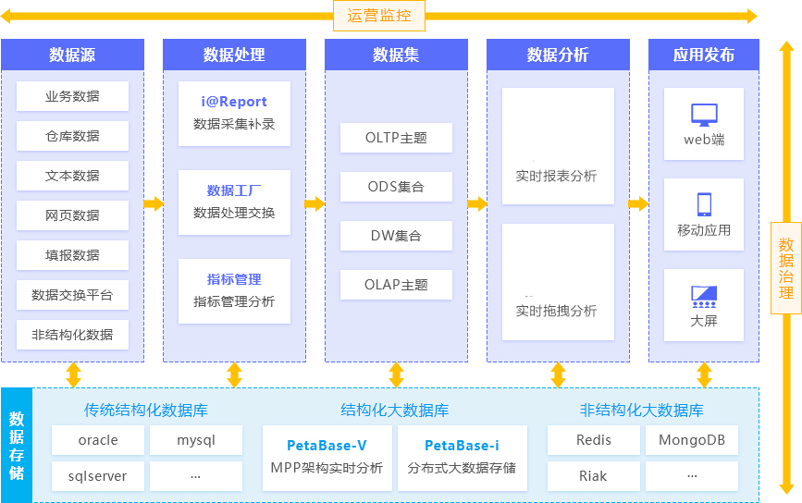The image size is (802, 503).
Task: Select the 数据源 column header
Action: (72, 55)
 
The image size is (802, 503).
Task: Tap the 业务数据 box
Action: (72, 96)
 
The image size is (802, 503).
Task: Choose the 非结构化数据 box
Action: (72, 335)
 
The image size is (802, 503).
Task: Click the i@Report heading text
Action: (234, 102)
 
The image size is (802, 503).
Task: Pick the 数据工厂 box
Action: (234, 202)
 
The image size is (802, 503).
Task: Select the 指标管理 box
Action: (234, 290)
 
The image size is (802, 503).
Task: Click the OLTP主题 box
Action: (396, 138)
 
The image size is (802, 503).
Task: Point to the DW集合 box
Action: (396, 236)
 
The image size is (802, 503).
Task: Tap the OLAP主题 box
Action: (396, 285)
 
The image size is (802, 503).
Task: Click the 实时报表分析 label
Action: (557, 176)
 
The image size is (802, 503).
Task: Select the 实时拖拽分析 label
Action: (557, 311)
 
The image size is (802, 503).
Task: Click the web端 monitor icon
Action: (704, 116)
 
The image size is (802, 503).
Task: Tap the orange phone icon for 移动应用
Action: (704, 204)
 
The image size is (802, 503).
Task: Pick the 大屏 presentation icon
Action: (704, 297)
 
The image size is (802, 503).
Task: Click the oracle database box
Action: (98, 440)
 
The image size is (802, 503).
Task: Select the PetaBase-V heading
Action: (327, 446)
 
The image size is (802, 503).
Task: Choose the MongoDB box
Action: (691, 440)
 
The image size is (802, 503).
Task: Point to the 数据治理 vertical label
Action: (785, 269)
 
